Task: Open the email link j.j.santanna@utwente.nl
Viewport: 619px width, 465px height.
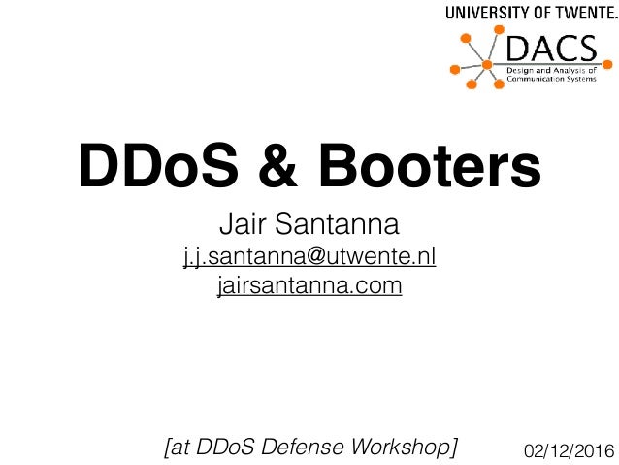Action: coord(309,257)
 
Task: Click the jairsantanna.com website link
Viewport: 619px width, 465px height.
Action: coord(309,287)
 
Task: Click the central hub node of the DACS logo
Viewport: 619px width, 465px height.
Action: coord(487,66)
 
